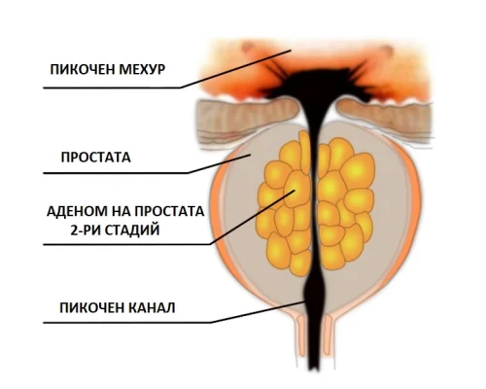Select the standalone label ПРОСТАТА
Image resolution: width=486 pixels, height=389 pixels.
click(x=96, y=158)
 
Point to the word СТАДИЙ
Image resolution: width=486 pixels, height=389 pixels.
click(x=133, y=230)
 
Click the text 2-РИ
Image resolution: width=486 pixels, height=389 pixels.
click(x=86, y=230)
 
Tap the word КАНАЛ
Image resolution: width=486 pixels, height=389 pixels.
click(x=152, y=308)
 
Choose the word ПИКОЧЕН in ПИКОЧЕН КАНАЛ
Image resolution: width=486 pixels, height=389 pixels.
click(x=92, y=308)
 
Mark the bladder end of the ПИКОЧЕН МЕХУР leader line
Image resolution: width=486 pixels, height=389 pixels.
click(x=292, y=50)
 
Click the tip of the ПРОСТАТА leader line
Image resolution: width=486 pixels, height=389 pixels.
click(x=251, y=155)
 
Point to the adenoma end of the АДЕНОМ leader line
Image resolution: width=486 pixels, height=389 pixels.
click(x=295, y=191)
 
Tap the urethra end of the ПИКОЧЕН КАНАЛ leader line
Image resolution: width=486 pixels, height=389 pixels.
click(x=305, y=301)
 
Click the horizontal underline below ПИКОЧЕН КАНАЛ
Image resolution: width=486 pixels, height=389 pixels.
click(x=127, y=323)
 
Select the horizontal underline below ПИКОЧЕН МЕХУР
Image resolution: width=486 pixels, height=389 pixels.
click(x=112, y=88)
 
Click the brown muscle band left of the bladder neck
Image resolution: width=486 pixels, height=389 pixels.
click(x=248, y=113)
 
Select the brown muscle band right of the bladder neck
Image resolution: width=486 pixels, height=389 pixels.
click(x=384, y=114)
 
